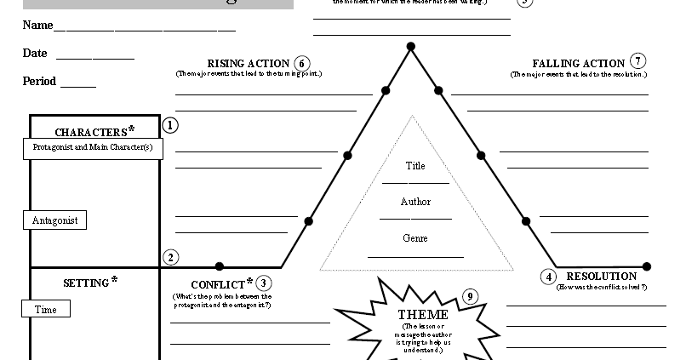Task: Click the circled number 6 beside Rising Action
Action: (302, 63)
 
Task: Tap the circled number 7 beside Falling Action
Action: (638, 61)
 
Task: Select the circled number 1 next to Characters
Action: (170, 126)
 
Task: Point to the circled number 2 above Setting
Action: (170, 257)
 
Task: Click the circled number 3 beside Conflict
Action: (265, 283)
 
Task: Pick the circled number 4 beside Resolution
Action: (549, 277)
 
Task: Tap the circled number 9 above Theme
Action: (470, 297)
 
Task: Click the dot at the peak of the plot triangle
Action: (410, 46)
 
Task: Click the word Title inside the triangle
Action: (415, 166)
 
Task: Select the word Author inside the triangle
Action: (415, 203)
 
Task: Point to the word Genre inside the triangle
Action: (415, 239)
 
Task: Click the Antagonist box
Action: (54, 220)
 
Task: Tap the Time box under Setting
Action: (46, 310)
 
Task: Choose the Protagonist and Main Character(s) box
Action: (92, 148)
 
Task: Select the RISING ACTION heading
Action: (249, 64)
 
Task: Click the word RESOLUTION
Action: (601, 277)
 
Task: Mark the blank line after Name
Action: (144, 30)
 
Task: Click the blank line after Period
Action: (77, 87)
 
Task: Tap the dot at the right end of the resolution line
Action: (647, 266)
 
